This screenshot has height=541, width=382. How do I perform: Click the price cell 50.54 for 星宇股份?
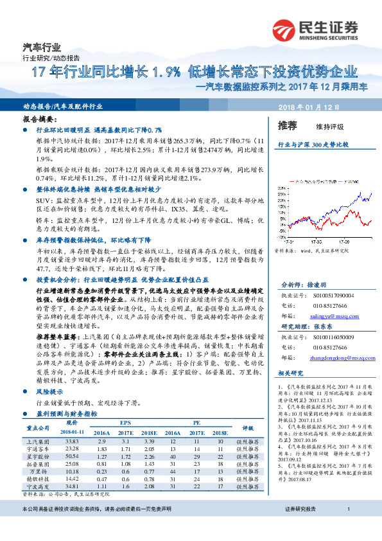pyautogui.click(x=72, y=455)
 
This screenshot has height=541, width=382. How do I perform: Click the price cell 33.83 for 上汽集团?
pyautogui.click(x=72, y=441)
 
